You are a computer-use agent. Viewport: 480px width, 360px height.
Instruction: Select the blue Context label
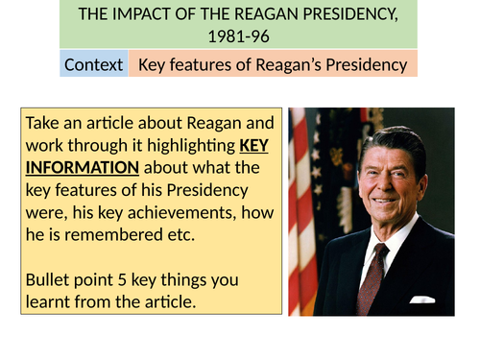[92, 65]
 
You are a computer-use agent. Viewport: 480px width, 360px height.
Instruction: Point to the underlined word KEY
[255, 144]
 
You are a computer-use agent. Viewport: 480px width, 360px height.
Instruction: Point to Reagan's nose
[373, 178]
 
